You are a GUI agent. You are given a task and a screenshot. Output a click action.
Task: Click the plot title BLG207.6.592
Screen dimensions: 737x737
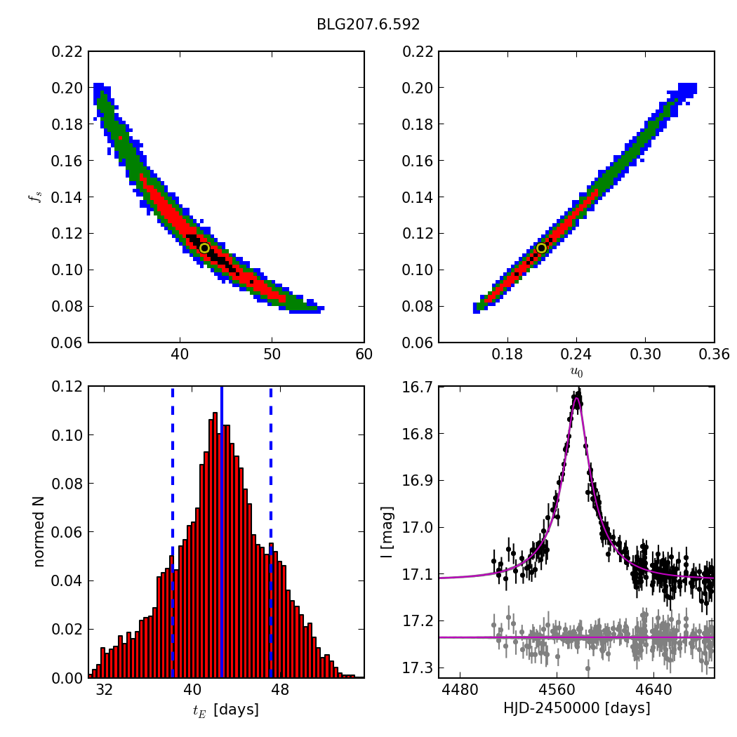(x=368, y=25)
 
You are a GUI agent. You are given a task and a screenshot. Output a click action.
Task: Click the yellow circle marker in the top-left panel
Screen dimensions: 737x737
(x=204, y=248)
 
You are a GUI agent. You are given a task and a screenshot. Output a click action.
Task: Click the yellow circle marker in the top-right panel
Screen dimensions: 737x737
(x=541, y=248)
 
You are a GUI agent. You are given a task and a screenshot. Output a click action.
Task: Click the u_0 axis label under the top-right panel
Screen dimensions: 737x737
(x=576, y=373)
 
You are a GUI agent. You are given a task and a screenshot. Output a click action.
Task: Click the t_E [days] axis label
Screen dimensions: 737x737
(x=226, y=710)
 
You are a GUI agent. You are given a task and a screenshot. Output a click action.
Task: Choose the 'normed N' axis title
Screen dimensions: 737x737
(x=39, y=532)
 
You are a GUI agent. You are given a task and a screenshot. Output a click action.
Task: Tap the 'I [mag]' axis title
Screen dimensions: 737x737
(x=387, y=532)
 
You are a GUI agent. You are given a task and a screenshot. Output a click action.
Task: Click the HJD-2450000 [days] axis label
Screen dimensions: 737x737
(x=576, y=709)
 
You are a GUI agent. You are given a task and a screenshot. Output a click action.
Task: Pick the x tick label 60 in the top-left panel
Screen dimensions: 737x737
(x=364, y=354)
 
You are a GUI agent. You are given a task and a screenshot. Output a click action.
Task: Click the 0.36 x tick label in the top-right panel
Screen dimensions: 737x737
(x=714, y=354)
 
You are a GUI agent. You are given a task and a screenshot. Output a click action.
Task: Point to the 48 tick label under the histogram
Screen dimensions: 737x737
(x=279, y=690)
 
